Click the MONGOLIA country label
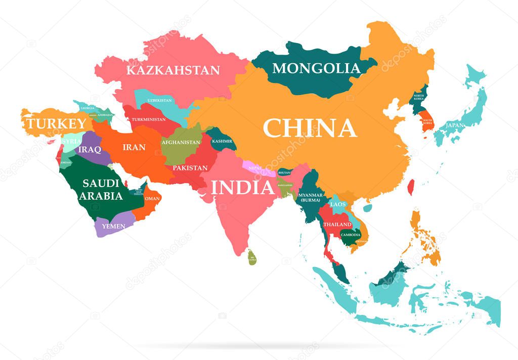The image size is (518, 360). (x=316, y=68)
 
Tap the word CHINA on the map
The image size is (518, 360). (x=310, y=128)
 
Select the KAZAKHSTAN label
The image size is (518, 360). (x=173, y=70)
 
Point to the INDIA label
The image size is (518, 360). (x=243, y=188)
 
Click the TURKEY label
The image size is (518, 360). (x=57, y=123)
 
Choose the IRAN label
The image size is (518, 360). (x=134, y=148)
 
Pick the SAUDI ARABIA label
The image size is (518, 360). (x=102, y=189)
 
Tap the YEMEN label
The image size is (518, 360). (x=113, y=226)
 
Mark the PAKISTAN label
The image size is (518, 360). (x=190, y=167)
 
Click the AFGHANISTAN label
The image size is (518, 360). (x=181, y=142)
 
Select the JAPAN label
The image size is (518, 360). (x=455, y=125)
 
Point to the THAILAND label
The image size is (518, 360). (x=337, y=224)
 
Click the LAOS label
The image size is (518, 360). (x=337, y=204)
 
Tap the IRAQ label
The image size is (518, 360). (x=89, y=150)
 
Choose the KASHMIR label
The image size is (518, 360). (x=222, y=141)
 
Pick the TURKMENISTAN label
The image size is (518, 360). (x=149, y=119)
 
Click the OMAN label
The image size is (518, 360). (x=152, y=199)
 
